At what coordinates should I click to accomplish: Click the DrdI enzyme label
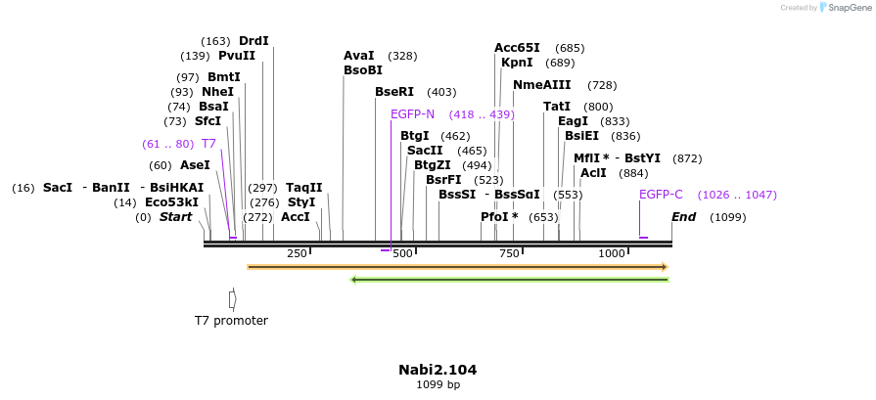click(254, 41)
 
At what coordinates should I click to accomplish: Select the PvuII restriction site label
click(237, 56)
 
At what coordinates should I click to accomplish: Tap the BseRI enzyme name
click(394, 92)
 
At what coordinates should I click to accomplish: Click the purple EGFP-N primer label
click(412, 114)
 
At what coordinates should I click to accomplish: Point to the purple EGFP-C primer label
click(661, 195)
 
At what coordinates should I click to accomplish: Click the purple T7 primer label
click(208, 144)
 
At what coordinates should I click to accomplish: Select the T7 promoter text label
click(231, 321)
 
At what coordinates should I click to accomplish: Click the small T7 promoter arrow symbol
click(232, 298)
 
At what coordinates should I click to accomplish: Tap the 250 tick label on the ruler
click(297, 254)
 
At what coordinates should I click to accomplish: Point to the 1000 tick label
click(612, 254)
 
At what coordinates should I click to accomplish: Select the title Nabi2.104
click(438, 370)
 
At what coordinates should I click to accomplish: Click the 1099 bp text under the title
click(438, 385)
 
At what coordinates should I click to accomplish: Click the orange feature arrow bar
click(457, 266)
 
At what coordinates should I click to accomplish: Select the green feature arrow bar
click(509, 280)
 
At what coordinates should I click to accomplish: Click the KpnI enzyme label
click(517, 63)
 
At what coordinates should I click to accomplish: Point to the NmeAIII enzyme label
click(541, 85)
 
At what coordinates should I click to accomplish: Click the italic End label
click(683, 217)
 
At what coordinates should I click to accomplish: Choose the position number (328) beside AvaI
click(402, 57)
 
